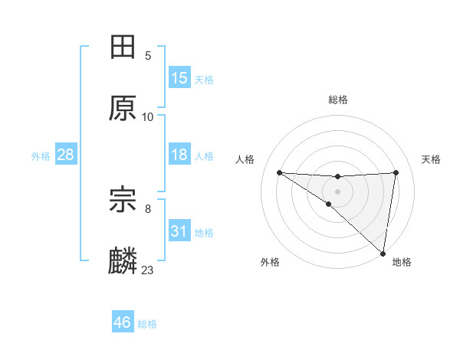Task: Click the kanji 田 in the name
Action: click(123, 47)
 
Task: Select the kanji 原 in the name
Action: click(123, 109)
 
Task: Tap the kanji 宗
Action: click(123, 201)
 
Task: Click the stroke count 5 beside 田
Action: click(148, 55)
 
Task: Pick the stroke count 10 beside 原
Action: click(148, 116)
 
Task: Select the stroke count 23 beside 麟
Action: click(148, 270)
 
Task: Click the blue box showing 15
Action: click(179, 78)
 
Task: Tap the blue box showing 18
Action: click(179, 155)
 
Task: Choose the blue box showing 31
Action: click(179, 231)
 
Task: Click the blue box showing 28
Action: click(66, 155)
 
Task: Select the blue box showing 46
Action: click(123, 322)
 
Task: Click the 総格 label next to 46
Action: click(147, 324)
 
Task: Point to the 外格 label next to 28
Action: click(41, 156)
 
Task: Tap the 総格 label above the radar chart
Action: click(338, 100)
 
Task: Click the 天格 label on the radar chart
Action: click(432, 159)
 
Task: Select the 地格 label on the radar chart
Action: click(402, 262)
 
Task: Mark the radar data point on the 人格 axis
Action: click(279, 172)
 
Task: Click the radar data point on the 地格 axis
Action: click(383, 253)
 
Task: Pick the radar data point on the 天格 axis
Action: click(396, 172)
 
